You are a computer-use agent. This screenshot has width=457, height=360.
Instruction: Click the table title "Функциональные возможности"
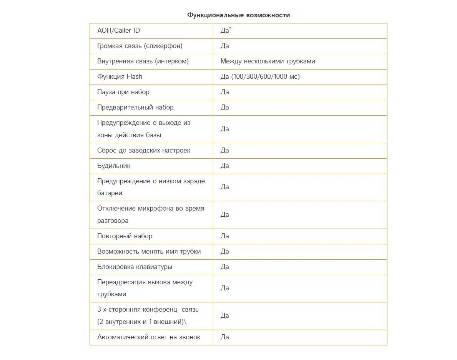coord(238,15)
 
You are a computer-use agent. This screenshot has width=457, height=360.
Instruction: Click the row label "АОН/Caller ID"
coord(118,31)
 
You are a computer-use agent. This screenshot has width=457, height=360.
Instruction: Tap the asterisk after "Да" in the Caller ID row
coord(230,28)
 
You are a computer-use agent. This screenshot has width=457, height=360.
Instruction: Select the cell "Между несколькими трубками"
coord(268,61)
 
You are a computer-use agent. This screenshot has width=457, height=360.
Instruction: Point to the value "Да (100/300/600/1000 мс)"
coord(260,77)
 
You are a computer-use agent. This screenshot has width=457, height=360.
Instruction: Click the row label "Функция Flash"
coord(120,77)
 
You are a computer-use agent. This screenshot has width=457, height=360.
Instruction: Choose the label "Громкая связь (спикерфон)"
coord(140,46)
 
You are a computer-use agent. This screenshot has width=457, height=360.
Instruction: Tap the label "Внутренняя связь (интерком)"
coord(143,61)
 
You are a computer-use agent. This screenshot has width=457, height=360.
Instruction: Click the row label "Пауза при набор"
coord(123,92)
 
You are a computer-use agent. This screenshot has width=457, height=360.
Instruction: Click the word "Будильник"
coord(114,166)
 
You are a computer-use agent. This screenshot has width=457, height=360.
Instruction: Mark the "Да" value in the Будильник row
coord(224,166)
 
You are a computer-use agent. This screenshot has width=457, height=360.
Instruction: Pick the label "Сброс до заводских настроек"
coord(144,151)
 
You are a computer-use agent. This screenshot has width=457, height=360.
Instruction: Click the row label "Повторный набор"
coord(125,236)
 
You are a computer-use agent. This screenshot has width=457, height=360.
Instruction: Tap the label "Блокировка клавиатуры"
coord(135,267)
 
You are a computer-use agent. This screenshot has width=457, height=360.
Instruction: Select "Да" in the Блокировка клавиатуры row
coord(224,267)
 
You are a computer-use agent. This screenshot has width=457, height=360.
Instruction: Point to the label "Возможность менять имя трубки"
coord(149,252)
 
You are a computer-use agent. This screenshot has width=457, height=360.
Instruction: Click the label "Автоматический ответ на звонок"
coord(149,337)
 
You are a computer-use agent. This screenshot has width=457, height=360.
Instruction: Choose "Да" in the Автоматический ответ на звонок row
coord(224,337)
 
